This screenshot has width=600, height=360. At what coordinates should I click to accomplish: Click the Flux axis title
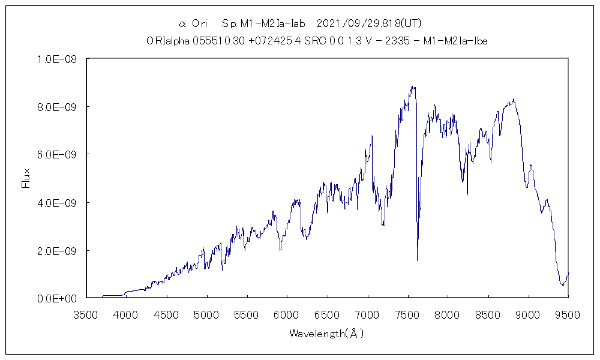click(x=26, y=178)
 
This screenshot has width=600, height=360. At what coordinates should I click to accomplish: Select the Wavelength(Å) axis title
click(x=327, y=334)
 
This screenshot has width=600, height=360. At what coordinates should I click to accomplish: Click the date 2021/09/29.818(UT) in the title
click(x=369, y=24)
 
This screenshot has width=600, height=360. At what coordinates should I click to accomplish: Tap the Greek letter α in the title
click(x=182, y=24)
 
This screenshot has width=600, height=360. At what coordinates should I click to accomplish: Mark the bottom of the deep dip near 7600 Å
click(x=417, y=260)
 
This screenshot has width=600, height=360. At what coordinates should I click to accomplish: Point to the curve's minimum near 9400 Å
click(x=562, y=284)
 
